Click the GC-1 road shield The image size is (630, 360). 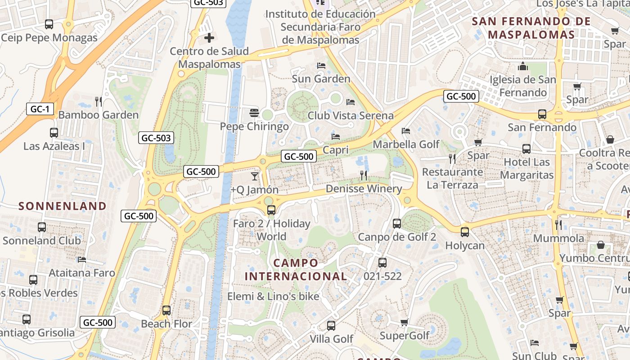coord(40,109)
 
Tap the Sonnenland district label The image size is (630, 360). coord(63,206)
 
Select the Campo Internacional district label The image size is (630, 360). coord(296,270)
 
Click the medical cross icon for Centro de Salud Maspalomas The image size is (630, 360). coord(209,38)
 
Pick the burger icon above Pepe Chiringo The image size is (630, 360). coord(254,112)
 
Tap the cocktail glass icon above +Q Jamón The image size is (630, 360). coord(255,176)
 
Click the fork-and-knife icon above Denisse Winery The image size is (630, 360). coord(364,175)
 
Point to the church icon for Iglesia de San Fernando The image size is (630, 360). coord(523,67)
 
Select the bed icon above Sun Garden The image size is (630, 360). coord(321,66)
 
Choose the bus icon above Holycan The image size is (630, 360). coord(465,232)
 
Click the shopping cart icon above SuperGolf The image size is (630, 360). coord(404,322)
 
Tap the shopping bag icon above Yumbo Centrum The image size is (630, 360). coord(600,245)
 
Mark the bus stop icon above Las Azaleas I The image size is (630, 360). coord(54,133)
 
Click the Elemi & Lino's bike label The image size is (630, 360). coord(273,297)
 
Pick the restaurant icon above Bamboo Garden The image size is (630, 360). coord(99,101)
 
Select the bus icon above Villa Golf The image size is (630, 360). coord(331,325)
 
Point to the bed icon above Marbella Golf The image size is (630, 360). coord(406,131)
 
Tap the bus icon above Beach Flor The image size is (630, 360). coord(166,310)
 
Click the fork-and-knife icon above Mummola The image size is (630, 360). coord(558,225)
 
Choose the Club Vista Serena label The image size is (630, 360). coord(351,116)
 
